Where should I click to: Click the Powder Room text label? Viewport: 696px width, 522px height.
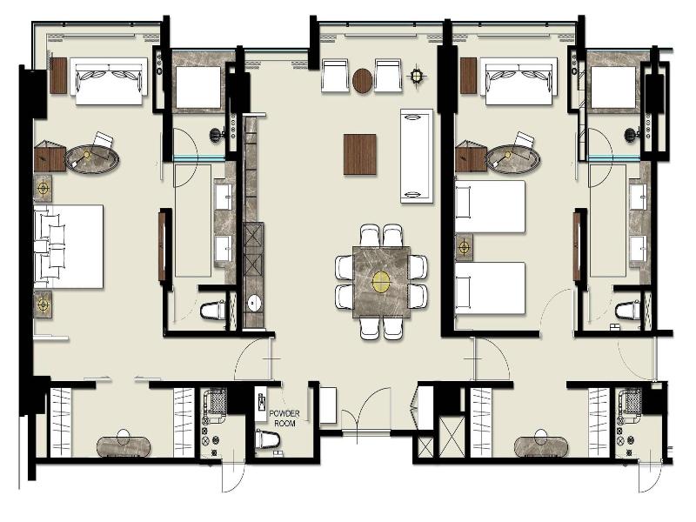[x=284, y=418]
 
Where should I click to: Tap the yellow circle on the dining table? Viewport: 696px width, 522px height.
[x=380, y=281]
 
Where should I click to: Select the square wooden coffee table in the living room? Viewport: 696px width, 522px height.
[x=360, y=155]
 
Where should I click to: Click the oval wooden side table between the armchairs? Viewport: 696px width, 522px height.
[x=363, y=81]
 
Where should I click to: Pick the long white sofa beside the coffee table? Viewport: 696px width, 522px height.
[x=417, y=156]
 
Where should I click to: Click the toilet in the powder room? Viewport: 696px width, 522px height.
[x=268, y=439]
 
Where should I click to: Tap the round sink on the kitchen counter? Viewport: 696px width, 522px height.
[x=254, y=303]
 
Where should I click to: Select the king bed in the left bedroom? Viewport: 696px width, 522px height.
[x=69, y=246]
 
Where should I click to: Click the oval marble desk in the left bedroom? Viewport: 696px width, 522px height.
[x=92, y=158]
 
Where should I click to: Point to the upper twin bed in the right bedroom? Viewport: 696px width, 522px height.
[x=490, y=206]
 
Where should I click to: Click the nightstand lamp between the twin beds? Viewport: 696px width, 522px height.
[x=465, y=247]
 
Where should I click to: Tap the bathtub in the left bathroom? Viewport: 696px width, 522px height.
[x=198, y=88]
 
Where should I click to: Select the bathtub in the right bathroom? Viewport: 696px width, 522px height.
[x=613, y=88]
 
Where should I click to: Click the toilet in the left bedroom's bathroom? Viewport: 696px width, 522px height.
[x=213, y=310]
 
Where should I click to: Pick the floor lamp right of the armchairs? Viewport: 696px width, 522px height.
[x=417, y=76]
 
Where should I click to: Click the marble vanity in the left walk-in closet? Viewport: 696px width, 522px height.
[x=124, y=446]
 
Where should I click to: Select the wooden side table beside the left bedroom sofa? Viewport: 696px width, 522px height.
[x=58, y=76]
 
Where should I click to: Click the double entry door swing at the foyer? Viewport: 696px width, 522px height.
[x=365, y=410]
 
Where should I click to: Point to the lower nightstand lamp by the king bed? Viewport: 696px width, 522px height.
[x=43, y=304]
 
